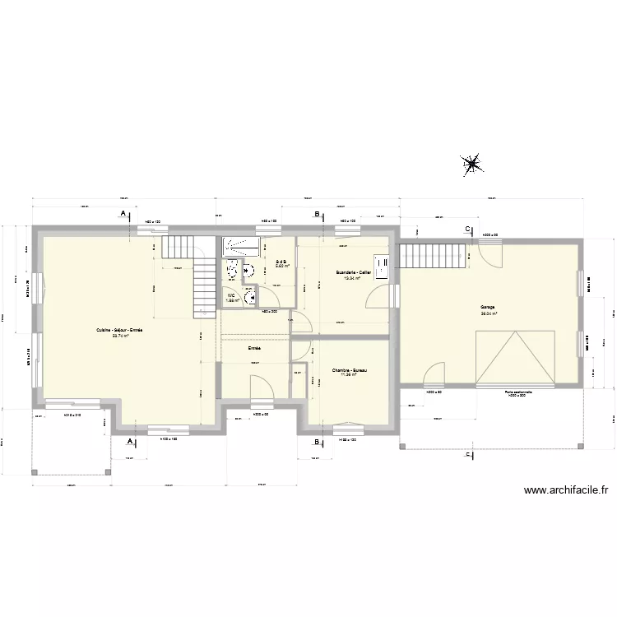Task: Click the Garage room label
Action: click(489, 307)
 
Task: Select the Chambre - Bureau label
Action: click(350, 371)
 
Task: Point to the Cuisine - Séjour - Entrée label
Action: click(119, 331)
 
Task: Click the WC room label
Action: click(232, 295)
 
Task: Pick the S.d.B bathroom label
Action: click(280, 262)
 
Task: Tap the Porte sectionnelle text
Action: click(518, 392)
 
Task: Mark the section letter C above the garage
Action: click(467, 229)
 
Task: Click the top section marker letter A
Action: click(123, 213)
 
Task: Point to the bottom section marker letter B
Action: click(317, 442)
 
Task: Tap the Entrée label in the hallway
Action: click(255, 349)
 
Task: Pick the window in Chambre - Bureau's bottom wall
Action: click(350, 426)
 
